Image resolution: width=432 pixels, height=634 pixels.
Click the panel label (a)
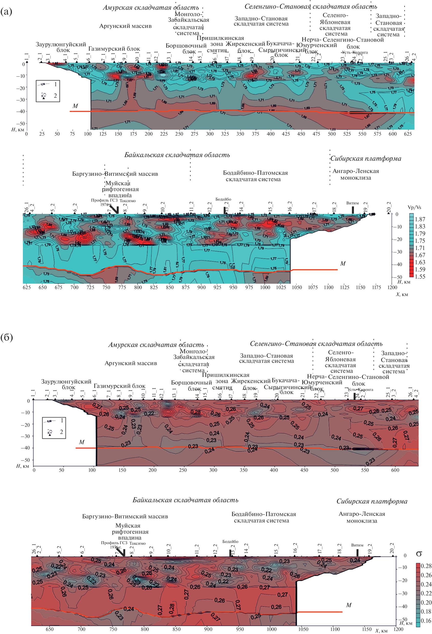click(x=6, y=12)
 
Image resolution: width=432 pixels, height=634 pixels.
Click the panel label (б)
click(x=7, y=337)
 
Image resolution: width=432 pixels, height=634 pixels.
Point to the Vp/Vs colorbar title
click(x=414, y=207)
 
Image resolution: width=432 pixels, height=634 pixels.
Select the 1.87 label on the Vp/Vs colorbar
click(x=420, y=219)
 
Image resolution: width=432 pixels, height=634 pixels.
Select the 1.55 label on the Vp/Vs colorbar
click(x=420, y=276)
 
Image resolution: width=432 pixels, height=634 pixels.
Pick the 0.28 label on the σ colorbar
click(x=426, y=566)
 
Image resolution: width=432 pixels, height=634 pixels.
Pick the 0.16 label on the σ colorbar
click(x=426, y=621)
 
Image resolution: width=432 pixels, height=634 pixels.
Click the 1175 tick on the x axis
click(x=376, y=287)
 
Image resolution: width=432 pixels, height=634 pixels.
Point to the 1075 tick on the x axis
click(x=313, y=287)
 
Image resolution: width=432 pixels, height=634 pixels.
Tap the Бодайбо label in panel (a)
click(x=223, y=199)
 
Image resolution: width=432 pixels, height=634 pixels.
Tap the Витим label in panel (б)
click(x=357, y=545)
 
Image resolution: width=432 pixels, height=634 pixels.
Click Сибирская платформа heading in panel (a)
click(x=366, y=159)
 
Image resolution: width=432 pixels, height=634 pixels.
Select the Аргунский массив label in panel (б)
click(x=131, y=363)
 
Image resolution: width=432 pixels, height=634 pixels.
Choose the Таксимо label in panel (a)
click(x=128, y=201)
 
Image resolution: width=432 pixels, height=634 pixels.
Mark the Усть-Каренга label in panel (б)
click(x=360, y=390)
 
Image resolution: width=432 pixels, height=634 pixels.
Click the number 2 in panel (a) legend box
click(x=55, y=95)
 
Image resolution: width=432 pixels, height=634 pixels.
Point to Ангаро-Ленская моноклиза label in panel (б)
click(x=362, y=517)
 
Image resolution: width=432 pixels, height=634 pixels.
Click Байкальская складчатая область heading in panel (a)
click(x=177, y=155)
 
